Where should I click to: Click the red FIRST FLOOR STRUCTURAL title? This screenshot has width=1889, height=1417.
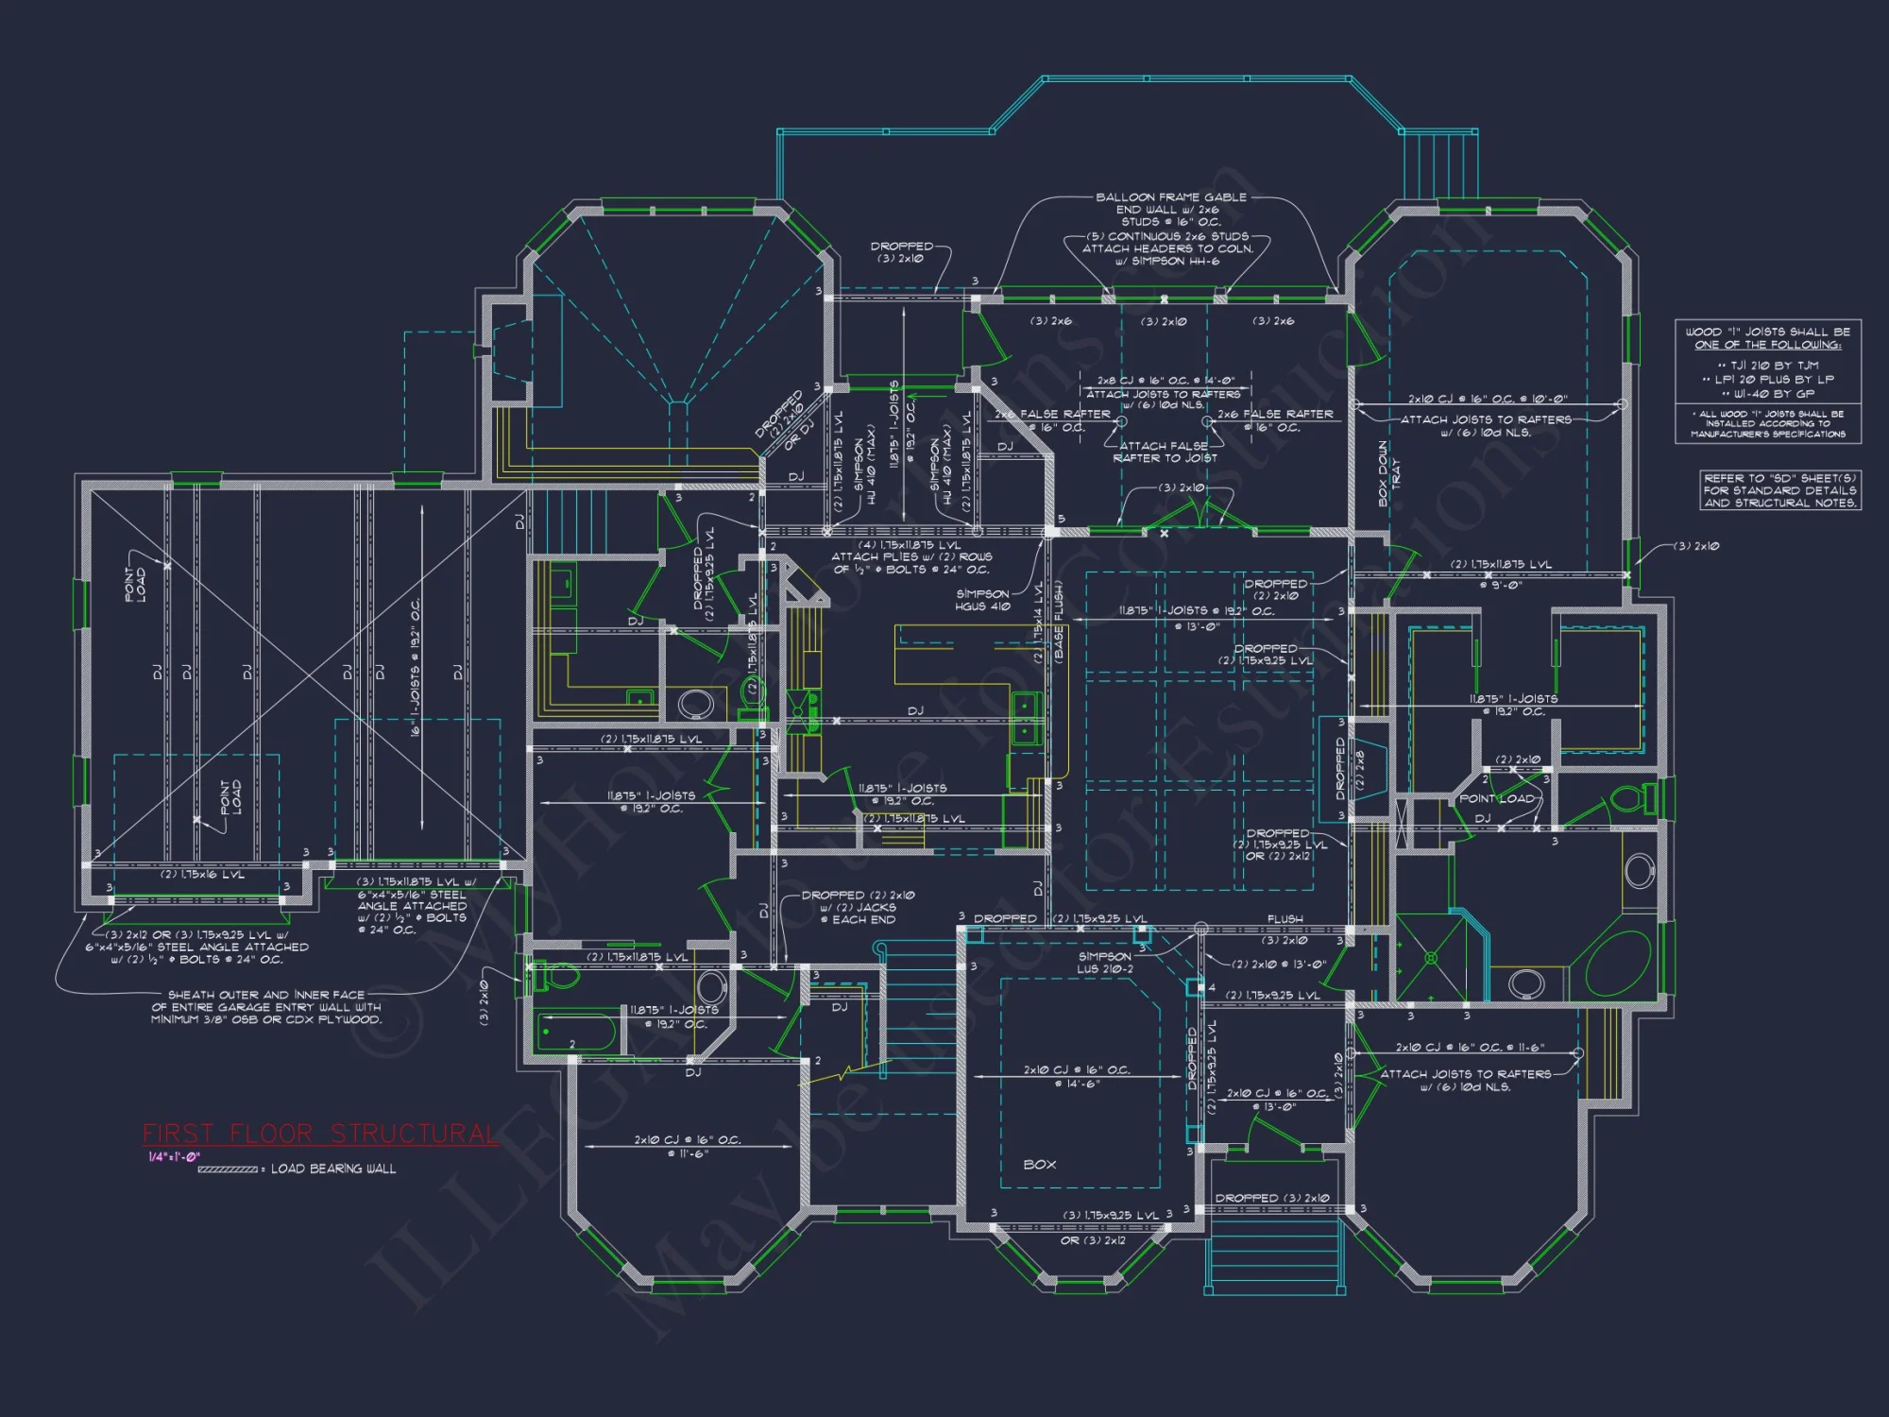pos(320,1134)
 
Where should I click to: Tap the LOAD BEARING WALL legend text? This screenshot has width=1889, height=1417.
pos(333,1169)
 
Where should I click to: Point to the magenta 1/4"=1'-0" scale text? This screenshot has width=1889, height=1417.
pos(174,1157)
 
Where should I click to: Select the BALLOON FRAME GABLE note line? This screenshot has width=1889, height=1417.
pos(1170,197)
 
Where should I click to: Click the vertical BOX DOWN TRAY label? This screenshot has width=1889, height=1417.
pos(1388,473)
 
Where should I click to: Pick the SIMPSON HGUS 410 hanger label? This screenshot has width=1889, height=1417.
pos(982,600)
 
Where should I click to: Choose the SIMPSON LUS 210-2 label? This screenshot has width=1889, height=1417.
pos(1105,963)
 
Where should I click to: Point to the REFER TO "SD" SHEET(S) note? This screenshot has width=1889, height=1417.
pos(1779,490)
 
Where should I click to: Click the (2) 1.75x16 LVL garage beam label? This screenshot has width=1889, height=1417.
pos(202,875)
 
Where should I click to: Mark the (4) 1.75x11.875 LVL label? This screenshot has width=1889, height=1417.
pos(910,545)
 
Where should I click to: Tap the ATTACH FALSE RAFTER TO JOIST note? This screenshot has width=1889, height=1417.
pos(1165,452)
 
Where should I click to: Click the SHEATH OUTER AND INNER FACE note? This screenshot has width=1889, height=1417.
pos(266,1007)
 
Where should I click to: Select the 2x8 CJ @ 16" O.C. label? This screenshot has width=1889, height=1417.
pos(1166,381)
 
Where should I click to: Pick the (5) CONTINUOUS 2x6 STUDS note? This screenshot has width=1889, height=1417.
pos(1167,236)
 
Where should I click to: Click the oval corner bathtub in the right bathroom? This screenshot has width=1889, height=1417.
pos(1617,959)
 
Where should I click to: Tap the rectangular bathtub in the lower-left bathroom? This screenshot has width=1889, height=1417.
pos(576,1033)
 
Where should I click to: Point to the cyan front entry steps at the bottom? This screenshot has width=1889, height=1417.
pos(1275,1256)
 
